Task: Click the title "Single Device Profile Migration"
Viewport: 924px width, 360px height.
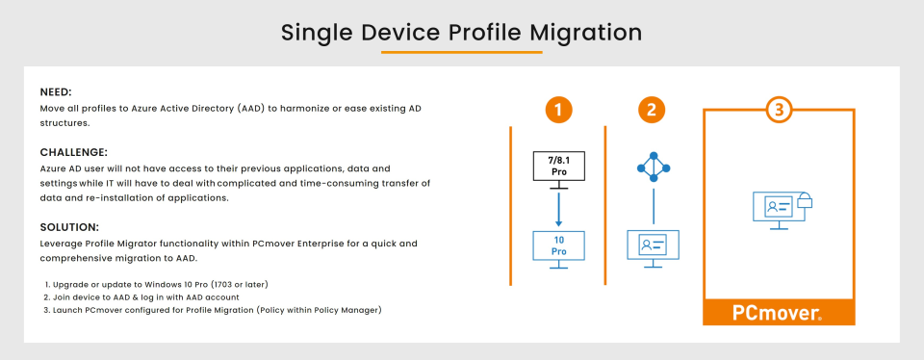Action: tap(461, 33)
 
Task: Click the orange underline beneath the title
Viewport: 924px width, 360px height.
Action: tap(461, 52)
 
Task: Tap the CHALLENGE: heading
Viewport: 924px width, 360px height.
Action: tap(74, 153)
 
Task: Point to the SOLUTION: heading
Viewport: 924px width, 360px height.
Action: tap(69, 227)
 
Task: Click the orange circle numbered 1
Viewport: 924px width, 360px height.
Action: tap(558, 110)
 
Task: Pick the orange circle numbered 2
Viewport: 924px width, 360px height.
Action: tap(652, 110)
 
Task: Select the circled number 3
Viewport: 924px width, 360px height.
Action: tap(779, 110)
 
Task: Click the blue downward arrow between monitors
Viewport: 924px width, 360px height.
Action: tap(558, 209)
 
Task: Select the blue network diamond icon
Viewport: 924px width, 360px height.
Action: tap(654, 168)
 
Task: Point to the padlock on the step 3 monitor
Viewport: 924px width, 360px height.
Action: tap(804, 201)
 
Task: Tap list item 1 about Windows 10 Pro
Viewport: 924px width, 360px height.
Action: tap(156, 285)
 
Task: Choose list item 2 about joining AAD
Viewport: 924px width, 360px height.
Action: tap(141, 297)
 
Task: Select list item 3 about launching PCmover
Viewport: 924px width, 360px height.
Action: tap(213, 310)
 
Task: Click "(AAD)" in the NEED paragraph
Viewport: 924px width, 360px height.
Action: tap(253, 110)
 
